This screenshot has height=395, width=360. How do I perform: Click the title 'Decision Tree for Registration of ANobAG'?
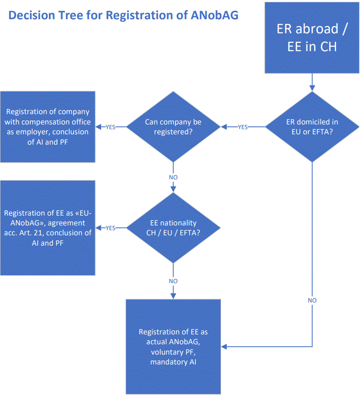coord(123,15)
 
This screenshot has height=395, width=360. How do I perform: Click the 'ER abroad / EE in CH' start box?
coord(312,38)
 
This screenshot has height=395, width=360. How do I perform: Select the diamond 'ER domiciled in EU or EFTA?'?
coord(312,127)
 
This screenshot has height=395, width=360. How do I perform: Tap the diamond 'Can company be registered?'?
coord(173,127)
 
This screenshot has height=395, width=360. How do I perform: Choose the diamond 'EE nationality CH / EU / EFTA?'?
coord(173,228)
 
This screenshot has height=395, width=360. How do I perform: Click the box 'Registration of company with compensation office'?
coord(48,127)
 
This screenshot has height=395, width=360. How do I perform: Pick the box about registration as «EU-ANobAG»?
coord(48,228)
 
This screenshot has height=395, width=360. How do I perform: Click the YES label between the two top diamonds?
coord(243,127)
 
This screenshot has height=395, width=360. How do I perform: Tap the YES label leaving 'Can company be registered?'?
coord(111,127)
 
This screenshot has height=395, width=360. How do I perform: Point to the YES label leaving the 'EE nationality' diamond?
coord(111,228)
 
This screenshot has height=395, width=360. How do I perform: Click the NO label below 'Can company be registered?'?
coord(173,178)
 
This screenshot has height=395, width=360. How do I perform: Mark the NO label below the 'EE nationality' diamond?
coord(173,281)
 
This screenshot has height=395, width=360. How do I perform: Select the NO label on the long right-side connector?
coord(312,300)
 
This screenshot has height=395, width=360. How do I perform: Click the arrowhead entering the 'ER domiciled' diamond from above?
coord(312,88)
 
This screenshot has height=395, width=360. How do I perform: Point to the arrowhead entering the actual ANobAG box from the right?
coord(224,347)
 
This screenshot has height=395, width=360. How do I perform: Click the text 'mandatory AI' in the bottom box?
coord(173,362)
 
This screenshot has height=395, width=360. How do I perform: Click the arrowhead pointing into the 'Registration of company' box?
coord(98,127)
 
